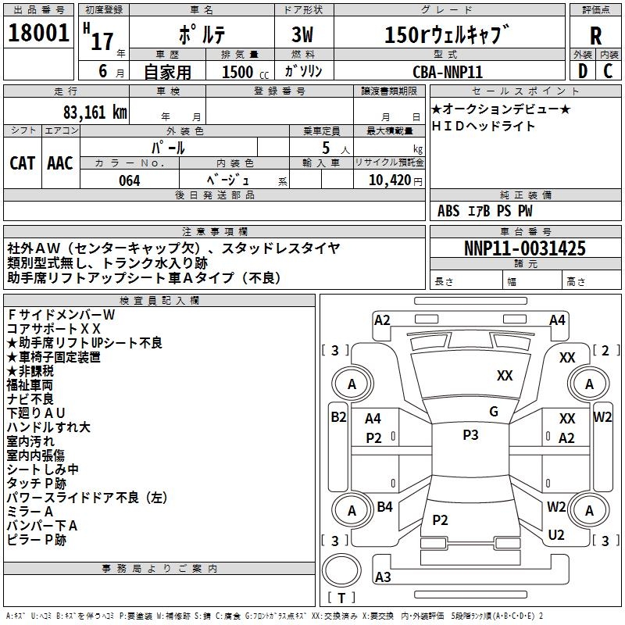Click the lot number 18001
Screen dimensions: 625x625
(x=39, y=34)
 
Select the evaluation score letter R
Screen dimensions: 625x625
(x=596, y=35)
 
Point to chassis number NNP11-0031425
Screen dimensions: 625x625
(x=524, y=248)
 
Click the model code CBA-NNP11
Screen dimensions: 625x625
(x=448, y=71)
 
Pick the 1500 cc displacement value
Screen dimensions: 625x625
(x=238, y=72)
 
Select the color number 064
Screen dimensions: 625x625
(x=129, y=180)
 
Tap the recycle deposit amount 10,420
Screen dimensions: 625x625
(x=385, y=180)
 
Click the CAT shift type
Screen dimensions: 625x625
(x=23, y=162)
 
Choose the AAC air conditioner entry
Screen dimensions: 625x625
(x=60, y=162)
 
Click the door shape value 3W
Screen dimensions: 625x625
(x=304, y=35)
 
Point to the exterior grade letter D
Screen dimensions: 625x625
(x=582, y=70)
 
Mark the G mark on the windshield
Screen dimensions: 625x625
(x=494, y=412)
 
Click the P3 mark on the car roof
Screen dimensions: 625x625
(x=470, y=435)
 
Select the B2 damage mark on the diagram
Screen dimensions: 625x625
(x=337, y=417)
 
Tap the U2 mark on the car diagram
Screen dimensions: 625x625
(x=556, y=535)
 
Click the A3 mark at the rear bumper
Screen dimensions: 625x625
(x=383, y=577)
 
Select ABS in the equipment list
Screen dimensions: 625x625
(x=448, y=211)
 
